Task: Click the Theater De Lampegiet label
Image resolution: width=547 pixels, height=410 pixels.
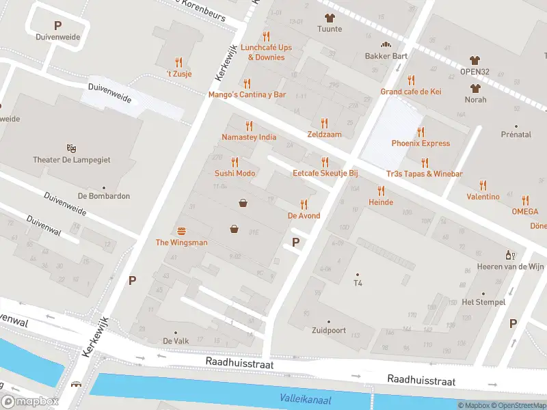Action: click(72, 160)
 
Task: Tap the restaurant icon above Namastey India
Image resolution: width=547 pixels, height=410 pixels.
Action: click(249, 126)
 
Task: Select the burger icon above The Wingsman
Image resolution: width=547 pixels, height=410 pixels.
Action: click(182, 230)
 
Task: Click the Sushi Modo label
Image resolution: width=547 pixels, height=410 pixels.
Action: click(235, 174)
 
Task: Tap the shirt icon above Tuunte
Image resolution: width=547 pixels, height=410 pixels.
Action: click(330, 18)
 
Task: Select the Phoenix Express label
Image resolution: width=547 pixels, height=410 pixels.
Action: click(421, 143)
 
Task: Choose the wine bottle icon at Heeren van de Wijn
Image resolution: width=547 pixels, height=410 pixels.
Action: click(509, 254)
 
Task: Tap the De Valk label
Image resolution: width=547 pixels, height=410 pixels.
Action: click(176, 341)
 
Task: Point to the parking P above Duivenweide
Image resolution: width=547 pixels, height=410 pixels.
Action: click(57, 25)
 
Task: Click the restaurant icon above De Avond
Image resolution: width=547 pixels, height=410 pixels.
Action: click(304, 204)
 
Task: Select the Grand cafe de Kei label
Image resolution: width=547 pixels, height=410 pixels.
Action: click(411, 92)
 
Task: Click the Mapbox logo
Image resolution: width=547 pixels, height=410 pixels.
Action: click(30, 402)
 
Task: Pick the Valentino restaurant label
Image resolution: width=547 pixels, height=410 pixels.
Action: click(483, 197)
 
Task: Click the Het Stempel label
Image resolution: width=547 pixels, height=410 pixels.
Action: click(483, 302)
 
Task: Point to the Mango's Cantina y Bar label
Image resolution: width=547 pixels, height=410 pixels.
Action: click(247, 95)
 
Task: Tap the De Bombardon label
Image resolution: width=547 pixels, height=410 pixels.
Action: click(104, 196)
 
